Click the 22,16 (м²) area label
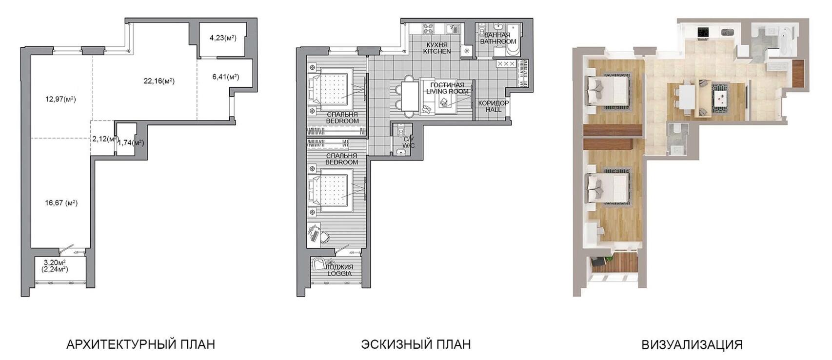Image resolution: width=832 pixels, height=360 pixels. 159,81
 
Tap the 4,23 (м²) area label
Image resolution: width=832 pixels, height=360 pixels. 223,38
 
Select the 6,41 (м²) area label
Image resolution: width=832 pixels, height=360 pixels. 225,77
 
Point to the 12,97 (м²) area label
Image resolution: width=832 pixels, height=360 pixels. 60,99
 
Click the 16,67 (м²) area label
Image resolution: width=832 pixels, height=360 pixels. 61,203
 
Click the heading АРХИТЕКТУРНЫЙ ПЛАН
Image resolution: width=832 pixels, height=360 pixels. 140,344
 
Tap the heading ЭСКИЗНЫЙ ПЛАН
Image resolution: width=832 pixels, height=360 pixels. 416,344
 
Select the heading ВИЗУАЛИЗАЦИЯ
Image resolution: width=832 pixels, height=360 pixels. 692,345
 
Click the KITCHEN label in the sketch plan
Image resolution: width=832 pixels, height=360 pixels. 437,51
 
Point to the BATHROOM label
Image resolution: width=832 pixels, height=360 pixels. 498,41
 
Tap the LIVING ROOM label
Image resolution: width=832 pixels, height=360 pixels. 447,91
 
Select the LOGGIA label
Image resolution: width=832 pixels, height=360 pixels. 339,274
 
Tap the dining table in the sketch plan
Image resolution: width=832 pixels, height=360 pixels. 410,96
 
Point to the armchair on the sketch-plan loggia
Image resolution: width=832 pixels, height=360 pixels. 319,264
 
